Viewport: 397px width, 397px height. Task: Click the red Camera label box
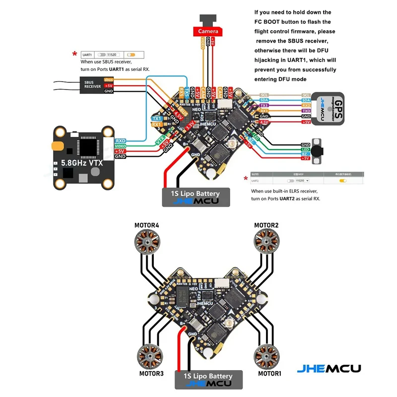pos(208,31)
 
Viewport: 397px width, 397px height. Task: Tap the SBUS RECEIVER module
pos(93,85)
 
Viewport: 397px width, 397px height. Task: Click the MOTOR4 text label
pos(147,226)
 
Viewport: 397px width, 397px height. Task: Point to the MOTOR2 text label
pos(266,226)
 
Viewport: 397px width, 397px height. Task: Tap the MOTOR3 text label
pos(151,373)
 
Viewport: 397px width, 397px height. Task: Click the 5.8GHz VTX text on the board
pos(82,163)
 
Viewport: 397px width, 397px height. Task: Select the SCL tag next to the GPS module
pos(306,95)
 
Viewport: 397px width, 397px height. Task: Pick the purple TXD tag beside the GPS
pos(306,111)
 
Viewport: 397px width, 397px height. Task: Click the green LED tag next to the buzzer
pos(306,148)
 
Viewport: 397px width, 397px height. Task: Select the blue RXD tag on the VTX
pos(120,140)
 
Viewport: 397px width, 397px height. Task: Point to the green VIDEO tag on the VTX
pos(120,146)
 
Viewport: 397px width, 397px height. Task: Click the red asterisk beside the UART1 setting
pos(74,54)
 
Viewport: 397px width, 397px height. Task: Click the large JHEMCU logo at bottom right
pos(329,369)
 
